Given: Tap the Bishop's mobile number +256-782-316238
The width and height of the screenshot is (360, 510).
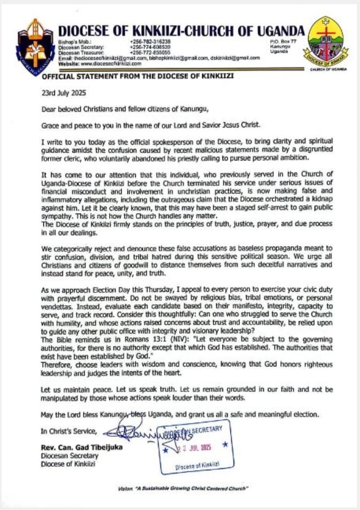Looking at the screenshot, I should tap(150, 41).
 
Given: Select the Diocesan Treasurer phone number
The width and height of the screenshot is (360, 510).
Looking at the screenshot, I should tap(150, 53).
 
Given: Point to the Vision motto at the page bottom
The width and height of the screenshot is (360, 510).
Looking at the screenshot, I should tap(182, 488).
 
